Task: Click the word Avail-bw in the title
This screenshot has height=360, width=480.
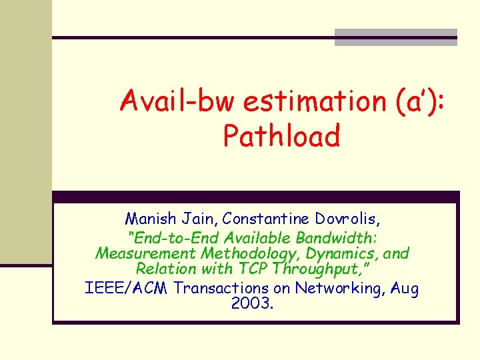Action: (177, 102)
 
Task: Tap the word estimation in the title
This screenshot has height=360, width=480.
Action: (311, 102)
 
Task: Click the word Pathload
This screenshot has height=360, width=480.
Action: (281, 137)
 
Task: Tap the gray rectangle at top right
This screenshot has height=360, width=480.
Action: (395, 37)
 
